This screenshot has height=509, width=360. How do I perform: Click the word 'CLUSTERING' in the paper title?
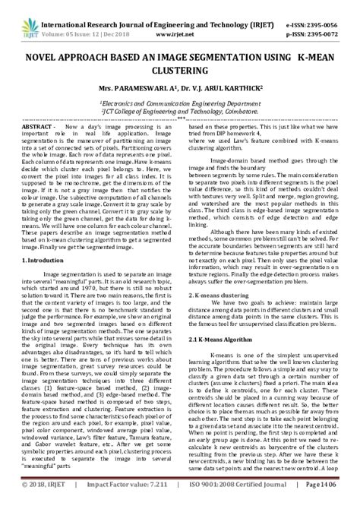[180, 74]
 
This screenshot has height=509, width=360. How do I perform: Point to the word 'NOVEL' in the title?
[48, 58]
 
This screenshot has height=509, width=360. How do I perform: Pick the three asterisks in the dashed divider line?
[181, 120]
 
